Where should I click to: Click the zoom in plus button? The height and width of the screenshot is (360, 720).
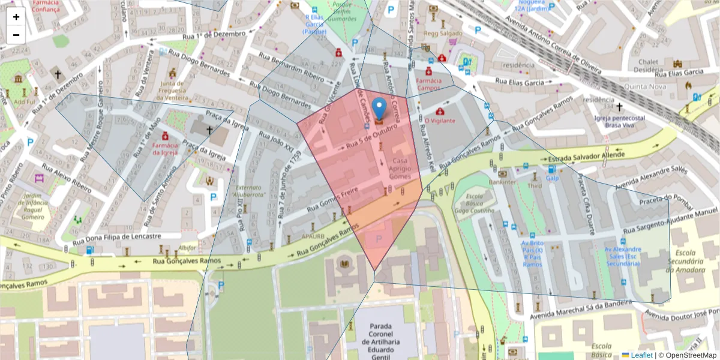coord(16,17)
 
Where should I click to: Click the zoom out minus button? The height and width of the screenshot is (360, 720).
coord(16,35)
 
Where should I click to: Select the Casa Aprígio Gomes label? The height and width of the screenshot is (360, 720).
coord(401,169)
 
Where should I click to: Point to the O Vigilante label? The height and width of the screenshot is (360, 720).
coord(440,120)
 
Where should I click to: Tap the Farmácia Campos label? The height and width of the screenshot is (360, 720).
coord(429,84)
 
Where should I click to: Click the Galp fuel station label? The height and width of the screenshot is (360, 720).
coord(552,178)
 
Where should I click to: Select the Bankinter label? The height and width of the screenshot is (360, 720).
coord(502,181)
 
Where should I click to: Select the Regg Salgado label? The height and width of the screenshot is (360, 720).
coord(443,34)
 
